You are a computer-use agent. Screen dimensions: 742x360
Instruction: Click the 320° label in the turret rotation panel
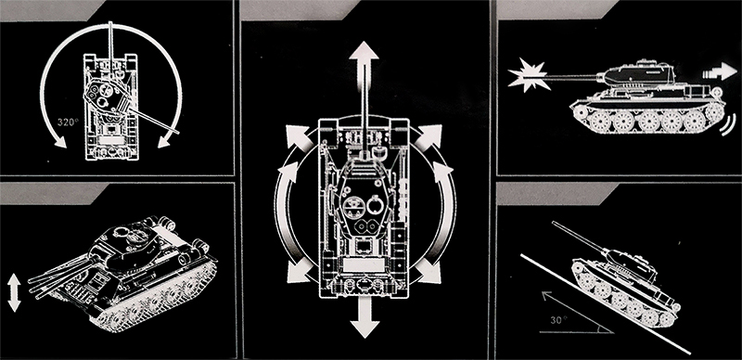(67, 122)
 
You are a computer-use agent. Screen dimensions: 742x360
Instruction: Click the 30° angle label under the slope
(558, 320)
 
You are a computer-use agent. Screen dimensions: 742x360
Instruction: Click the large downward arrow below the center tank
(365, 318)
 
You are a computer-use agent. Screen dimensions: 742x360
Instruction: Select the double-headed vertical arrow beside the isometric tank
(14, 293)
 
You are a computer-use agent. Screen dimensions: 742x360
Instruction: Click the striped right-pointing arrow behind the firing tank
(720, 71)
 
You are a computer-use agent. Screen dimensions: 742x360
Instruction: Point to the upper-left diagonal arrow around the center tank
(297, 136)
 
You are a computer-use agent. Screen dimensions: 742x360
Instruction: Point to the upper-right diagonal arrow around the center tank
(429, 136)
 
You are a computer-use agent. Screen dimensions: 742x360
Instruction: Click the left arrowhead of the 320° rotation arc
(59, 141)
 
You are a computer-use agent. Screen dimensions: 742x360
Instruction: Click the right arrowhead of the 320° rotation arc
(164, 141)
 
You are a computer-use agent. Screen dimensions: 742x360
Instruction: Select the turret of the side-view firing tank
(638, 74)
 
